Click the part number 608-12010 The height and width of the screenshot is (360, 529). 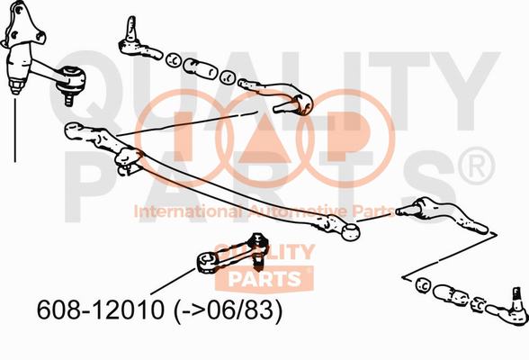(x=101, y=310)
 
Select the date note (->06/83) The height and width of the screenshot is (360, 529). (x=229, y=310)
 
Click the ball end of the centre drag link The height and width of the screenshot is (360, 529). (x=350, y=232)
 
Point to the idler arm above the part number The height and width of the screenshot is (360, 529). (x=233, y=254)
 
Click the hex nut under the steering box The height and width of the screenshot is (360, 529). (x=16, y=86)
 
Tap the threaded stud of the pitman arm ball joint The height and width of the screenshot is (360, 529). (x=68, y=98)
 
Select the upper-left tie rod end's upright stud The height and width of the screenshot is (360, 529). (x=131, y=28)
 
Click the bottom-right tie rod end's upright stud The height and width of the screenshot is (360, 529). (x=516, y=298)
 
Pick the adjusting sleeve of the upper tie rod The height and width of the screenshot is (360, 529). (x=200, y=68)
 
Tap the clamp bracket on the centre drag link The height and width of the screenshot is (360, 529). (x=128, y=160)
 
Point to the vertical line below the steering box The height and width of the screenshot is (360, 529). (x=14, y=130)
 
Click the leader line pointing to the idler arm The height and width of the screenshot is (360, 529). (x=173, y=282)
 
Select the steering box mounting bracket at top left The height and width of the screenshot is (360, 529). (x=23, y=23)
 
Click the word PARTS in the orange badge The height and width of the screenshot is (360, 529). (x=264, y=279)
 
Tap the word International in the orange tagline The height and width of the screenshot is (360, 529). (x=187, y=211)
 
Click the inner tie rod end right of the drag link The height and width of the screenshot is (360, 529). (x=441, y=214)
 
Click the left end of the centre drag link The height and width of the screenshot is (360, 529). (x=76, y=130)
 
